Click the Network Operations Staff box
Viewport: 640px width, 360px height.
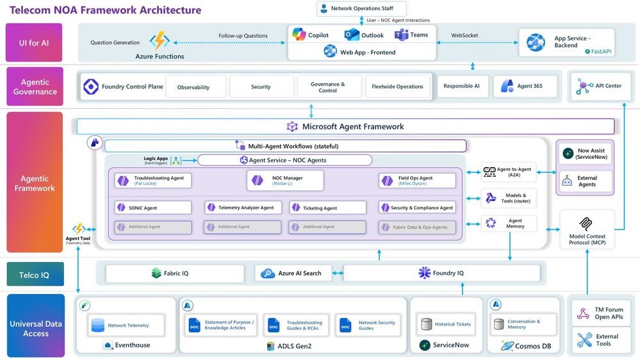362,9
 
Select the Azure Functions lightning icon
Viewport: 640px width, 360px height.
159,41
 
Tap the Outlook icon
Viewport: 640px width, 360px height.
352,35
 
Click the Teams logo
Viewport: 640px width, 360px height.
402,35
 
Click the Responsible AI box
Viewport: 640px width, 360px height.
462,86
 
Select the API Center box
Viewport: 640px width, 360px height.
600,86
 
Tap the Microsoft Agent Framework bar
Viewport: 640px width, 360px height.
345,127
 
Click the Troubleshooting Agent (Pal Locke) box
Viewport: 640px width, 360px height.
153,181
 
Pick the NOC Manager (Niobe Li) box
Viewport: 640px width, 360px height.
285,181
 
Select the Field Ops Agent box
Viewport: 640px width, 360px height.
417,181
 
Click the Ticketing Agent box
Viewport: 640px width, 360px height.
327,208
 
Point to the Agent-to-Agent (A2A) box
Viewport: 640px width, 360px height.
509,172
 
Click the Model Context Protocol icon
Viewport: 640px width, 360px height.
587,224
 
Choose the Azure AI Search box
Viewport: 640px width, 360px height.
293,274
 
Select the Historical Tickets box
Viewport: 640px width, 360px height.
446,324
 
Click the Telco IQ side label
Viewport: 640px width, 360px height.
35,275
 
